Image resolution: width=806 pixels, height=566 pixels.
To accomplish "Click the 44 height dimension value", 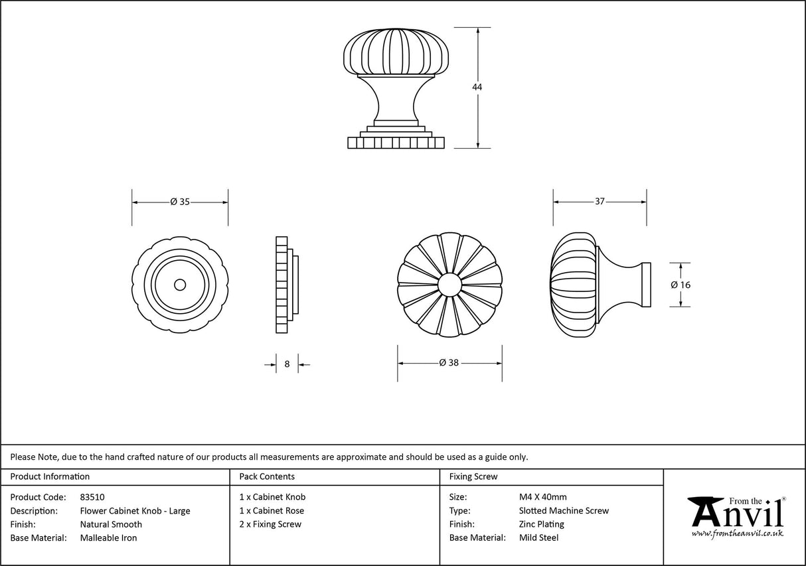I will tap(477, 88).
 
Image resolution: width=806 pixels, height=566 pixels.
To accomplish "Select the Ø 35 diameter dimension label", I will tap(180, 202).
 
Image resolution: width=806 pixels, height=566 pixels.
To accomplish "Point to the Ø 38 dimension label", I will tap(449, 363).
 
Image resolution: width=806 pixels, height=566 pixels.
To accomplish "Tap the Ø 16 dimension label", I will tap(681, 285).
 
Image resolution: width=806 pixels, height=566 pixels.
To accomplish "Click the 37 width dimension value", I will tap(600, 202).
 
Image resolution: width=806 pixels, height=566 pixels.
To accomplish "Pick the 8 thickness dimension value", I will tap(287, 364).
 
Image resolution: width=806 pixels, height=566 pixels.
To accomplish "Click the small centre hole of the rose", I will tap(179, 285).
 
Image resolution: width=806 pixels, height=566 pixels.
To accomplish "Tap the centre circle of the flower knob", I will tap(449, 285).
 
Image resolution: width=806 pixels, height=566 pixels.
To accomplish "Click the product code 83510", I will tap(92, 497).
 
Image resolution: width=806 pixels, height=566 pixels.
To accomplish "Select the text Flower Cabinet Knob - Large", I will tap(135, 511).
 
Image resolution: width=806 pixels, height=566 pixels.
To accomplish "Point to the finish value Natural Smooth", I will tap(111, 524).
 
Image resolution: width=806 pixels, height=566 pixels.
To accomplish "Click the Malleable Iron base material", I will tap(108, 538).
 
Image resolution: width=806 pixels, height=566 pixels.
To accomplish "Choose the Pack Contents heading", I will tap(267, 476).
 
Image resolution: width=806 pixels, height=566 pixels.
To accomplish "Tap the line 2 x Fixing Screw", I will tap(270, 524).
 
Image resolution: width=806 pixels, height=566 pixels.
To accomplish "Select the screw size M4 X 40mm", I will tap(542, 497).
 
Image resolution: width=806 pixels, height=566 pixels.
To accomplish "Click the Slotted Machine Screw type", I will tap(564, 511).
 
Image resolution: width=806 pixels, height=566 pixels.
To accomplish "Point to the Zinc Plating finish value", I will tap(541, 524).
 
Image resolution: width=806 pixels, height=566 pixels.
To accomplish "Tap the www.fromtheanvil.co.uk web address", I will tap(737, 533).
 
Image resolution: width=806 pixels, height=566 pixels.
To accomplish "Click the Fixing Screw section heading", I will tap(473, 476).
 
